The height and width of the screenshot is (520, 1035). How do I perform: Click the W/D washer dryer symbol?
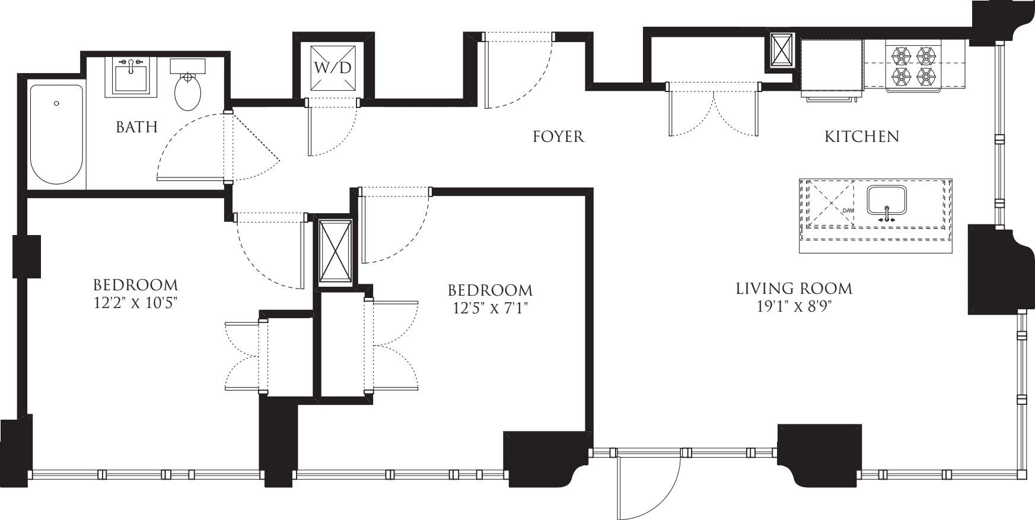tap(332, 66)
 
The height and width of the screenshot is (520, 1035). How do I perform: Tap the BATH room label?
tap(136, 127)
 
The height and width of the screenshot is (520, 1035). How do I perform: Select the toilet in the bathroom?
tap(188, 89)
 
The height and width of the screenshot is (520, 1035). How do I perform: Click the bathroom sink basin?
tap(131, 77)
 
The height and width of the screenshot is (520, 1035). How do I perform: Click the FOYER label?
tap(558, 137)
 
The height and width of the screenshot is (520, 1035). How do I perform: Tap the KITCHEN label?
tap(861, 137)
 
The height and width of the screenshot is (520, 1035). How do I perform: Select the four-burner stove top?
tap(913, 66)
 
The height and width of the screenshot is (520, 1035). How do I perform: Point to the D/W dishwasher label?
tap(848, 211)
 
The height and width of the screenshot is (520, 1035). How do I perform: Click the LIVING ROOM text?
tap(794, 289)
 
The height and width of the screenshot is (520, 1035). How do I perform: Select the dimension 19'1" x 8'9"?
tap(794, 306)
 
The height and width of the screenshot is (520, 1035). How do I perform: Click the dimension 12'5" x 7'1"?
tap(490, 307)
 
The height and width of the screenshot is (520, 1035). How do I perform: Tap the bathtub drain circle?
tap(56, 103)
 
